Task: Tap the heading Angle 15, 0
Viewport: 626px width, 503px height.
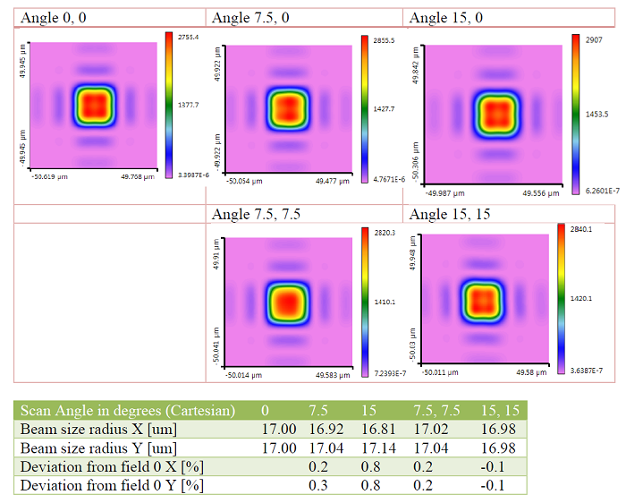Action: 446,18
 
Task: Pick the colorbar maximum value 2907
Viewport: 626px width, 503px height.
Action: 593,40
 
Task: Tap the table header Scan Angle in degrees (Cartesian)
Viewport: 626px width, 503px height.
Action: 128,410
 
